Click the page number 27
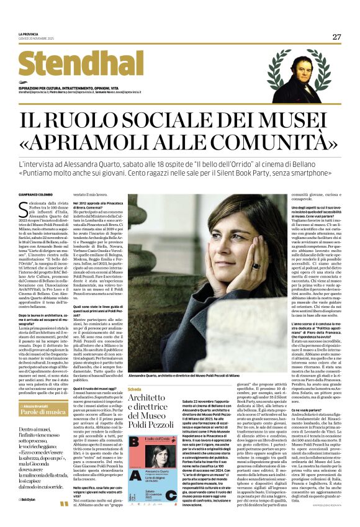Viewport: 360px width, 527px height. [x=336, y=37]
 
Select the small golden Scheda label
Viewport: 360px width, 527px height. [x=134, y=389]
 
